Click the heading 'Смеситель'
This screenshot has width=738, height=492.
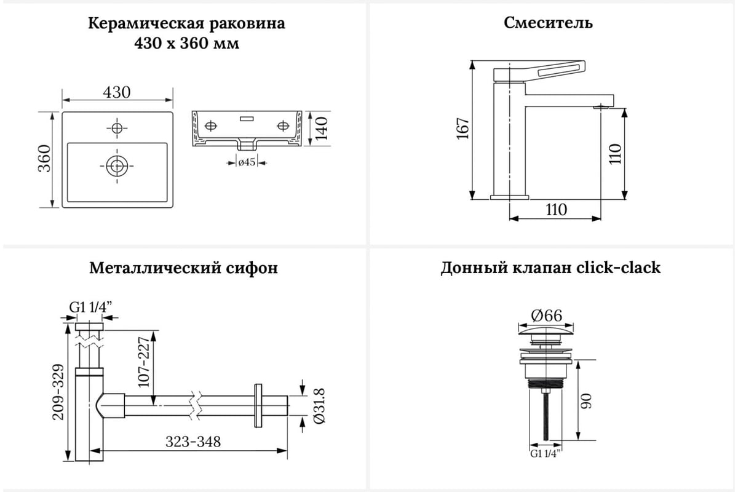pos(548,23)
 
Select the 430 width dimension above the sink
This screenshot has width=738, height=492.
pos(117,92)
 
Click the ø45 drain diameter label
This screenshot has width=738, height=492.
pos(247,163)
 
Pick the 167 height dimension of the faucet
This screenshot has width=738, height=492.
pos(463,129)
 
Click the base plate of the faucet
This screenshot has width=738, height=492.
pos(509,197)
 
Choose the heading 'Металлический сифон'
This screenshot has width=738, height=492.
pos(183,268)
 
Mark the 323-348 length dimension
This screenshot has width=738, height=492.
pos(192,442)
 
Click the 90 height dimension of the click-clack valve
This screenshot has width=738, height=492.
pos(587,403)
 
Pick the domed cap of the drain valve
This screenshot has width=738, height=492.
pos(546,335)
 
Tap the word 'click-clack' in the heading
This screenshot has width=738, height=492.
pos(619,268)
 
